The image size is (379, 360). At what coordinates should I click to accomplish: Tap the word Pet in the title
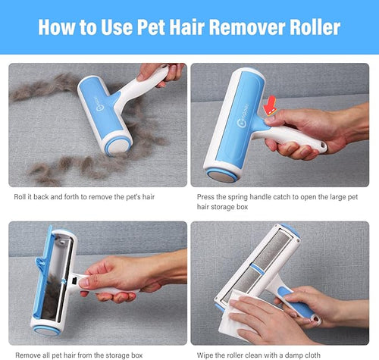[x=151, y=27]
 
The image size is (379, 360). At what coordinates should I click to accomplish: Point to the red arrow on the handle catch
[x=270, y=105]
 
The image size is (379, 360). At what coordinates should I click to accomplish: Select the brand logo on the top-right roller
[x=243, y=116]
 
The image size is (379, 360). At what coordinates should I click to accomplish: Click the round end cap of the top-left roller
[x=118, y=146]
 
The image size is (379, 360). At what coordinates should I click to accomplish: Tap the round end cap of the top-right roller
[x=222, y=176]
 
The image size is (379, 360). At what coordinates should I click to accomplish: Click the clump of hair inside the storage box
[x=52, y=296]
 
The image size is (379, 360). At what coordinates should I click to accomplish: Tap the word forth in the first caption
[x=71, y=197]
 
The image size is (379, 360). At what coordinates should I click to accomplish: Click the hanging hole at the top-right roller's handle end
[x=322, y=145]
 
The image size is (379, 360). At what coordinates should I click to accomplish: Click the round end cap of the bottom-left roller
[x=47, y=330]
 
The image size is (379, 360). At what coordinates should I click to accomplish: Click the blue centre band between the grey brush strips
[x=257, y=269]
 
